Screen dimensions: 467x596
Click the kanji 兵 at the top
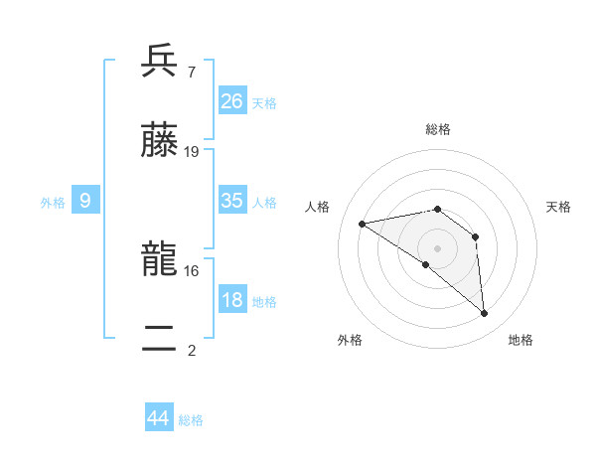[159, 62]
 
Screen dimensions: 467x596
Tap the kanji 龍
[159, 259]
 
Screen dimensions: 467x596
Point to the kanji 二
[159, 339]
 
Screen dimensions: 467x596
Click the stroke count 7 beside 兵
[191, 72]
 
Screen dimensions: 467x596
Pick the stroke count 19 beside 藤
[192, 151]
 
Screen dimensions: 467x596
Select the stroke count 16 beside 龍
[192, 269]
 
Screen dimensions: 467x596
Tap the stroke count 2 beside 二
[191, 349]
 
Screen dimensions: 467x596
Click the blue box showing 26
[232, 101]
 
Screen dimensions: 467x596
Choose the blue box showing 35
[232, 201]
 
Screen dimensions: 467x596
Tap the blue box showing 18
[232, 300]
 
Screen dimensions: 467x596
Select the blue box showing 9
[85, 201]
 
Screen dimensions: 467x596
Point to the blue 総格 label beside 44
[191, 420]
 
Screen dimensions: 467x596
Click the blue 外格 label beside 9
[53, 203]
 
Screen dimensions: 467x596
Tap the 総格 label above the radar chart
[438, 129]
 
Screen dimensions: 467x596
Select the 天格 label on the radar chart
[559, 207]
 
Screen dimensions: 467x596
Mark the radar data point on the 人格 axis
[363, 224]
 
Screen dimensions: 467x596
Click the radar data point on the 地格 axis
[485, 314]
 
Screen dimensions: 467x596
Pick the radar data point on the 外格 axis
[426, 264]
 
